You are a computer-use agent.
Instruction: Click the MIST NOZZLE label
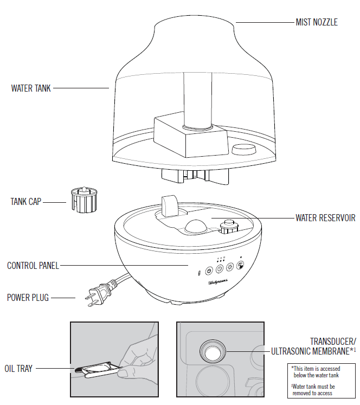[316, 22]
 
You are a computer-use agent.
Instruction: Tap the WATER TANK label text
[31, 88]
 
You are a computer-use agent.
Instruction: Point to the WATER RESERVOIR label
[325, 218]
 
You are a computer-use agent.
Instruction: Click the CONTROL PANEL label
[33, 266]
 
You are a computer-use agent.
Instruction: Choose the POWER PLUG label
[28, 298]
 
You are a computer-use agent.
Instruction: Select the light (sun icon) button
[229, 267]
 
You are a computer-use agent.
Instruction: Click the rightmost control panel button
[240, 266]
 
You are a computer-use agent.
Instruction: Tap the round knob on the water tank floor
[242, 149]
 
